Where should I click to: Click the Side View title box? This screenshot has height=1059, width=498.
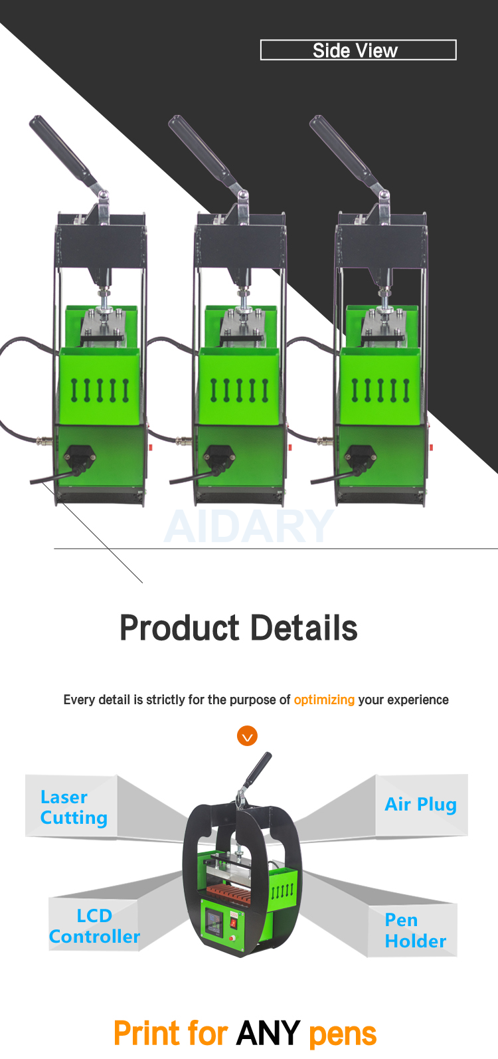[358, 50]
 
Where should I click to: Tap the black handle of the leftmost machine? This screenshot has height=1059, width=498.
[62, 150]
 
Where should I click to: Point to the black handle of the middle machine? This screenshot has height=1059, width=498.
[201, 150]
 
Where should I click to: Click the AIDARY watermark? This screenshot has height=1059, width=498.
[249, 526]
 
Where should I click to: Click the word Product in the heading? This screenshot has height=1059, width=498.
[179, 628]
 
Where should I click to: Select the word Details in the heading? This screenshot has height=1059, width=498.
[304, 628]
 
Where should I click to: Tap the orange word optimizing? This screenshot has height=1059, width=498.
[324, 700]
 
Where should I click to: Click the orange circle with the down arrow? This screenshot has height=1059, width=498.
[247, 735]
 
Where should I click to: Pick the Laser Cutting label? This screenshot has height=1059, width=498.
[74, 807]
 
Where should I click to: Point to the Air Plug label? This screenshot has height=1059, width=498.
[420, 804]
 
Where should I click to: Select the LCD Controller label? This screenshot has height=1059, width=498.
[94, 926]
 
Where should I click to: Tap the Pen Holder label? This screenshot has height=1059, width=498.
[415, 930]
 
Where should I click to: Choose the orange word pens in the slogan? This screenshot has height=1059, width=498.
[343, 1034]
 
